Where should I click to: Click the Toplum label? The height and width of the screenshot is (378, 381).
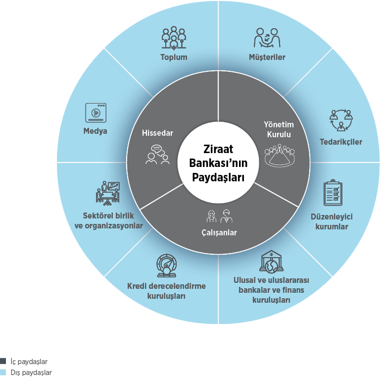tap(174, 57)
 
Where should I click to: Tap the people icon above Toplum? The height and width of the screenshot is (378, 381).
tap(174, 38)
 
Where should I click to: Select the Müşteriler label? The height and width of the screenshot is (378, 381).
tap(267, 57)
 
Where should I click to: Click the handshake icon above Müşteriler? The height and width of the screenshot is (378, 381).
tap(267, 38)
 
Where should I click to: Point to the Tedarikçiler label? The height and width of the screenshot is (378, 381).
tap(341, 142)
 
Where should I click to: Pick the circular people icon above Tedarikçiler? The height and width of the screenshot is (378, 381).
tap(341, 120)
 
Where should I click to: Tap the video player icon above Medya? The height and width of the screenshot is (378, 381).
tap(95, 112)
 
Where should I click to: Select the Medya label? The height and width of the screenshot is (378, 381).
tap(95, 131)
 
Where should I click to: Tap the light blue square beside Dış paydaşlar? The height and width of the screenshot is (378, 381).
tap(3, 372)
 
